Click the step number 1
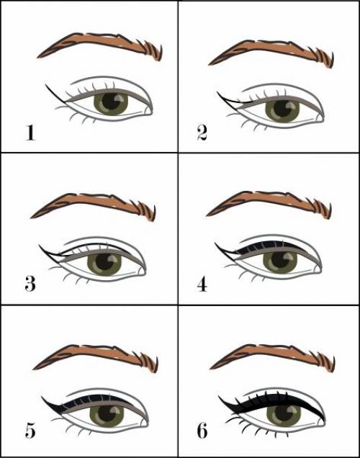tap(30, 133)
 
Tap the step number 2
tap(202, 133)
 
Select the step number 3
tap(30, 284)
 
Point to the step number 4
tap(202, 284)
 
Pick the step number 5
tap(30, 429)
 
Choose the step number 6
tap(202, 430)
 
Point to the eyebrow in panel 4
tap(269, 205)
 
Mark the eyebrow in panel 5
tap(96, 359)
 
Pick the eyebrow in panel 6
tap(272, 358)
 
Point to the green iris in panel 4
tap(280, 261)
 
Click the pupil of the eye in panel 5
tap(107, 414)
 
